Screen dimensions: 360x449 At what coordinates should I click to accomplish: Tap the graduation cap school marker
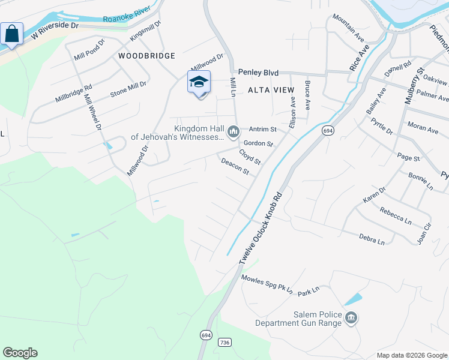(x=199, y=82)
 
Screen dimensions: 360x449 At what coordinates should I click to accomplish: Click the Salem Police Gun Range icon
(x=351, y=317)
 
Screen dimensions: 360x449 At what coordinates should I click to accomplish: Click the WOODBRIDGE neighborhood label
(x=146, y=56)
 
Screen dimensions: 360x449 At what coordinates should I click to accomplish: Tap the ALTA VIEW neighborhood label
(x=271, y=90)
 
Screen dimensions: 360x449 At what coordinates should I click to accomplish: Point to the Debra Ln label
(x=372, y=240)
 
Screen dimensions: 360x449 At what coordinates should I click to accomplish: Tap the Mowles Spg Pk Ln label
(x=267, y=284)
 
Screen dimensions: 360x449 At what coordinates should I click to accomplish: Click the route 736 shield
(x=224, y=342)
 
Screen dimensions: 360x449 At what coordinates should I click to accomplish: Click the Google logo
(x=20, y=353)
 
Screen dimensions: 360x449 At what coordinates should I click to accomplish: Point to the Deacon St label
(x=235, y=166)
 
